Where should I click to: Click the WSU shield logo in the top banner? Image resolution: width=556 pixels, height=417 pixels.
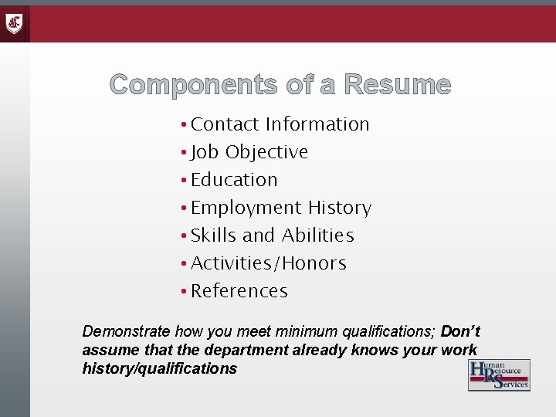(15, 24)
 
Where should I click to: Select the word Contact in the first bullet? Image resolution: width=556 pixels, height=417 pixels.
(225, 124)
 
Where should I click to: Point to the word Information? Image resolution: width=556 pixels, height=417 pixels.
(317, 124)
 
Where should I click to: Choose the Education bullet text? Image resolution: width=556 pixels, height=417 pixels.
(234, 180)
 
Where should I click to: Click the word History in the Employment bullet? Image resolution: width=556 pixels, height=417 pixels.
(340, 208)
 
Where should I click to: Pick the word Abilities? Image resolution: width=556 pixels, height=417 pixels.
(317, 236)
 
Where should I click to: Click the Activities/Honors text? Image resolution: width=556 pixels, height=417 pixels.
(269, 263)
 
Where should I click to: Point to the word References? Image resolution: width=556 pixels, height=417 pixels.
(239, 291)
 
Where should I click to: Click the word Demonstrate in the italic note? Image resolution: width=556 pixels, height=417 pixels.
(127, 332)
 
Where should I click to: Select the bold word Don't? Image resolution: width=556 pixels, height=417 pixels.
(460, 332)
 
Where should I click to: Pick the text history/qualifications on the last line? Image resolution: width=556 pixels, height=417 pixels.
(159, 369)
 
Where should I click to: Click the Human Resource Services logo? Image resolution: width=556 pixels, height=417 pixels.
(499, 375)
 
